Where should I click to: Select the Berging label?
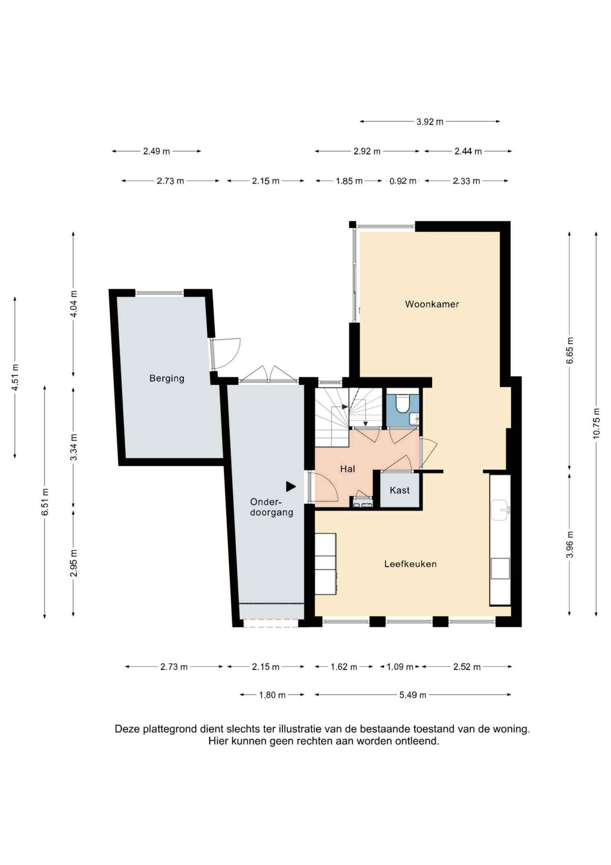pos(167,378)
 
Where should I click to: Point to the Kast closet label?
pos(399,490)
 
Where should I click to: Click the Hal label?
pos(347,469)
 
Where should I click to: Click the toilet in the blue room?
pos(402,403)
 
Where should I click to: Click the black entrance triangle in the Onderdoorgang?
pos(291,486)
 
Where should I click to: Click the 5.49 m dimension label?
pos(413,695)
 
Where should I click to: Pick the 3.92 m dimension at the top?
pos(430,122)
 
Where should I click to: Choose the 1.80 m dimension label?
pos(272,695)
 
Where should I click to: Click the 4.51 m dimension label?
pos(15,378)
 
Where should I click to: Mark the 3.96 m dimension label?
pos(569,544)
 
